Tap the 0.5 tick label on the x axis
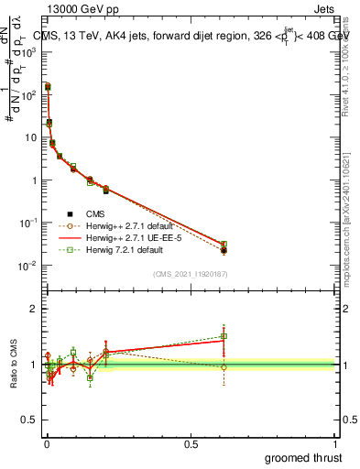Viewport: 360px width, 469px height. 191,444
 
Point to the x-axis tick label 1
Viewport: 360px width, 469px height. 336,444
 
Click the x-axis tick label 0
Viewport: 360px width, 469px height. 47,444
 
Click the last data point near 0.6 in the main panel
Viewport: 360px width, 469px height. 224,248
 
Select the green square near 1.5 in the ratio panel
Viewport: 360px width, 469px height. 224,336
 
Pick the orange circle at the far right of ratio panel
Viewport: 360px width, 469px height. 224,367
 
